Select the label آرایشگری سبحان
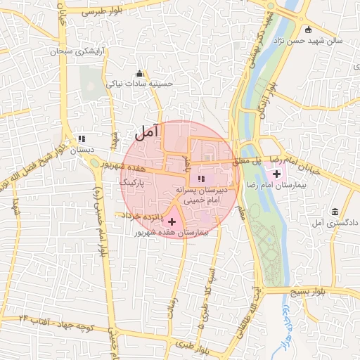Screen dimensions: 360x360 [x=79, y=53]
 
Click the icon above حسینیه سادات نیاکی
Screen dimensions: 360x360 [x=139, y=74]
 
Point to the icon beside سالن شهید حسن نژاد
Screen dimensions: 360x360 [x=309, y=30]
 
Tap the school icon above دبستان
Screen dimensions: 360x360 [x=82, y=139]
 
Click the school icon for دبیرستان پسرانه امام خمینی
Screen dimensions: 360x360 [x=200, y=178]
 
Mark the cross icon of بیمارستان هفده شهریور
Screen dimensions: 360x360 [x=172, y=221]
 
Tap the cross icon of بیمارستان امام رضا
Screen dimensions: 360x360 [x=276, y=174]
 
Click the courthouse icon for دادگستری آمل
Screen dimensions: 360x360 [x=334, y=212]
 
